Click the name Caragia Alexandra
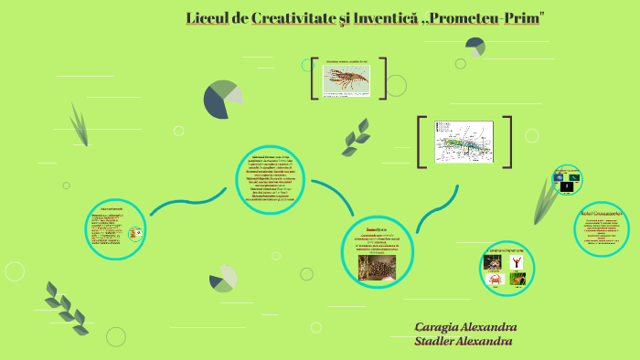pyautogui.click(x=465, y=327)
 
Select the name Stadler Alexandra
pyautogui.click(x=463, y=342)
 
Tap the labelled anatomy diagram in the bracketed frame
pyautogui.click(x=464, y=142)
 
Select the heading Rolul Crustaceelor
pyautogui.click(x=602, y=213)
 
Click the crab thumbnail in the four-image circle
pyautogui.click(x=494, y=280)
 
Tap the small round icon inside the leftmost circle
pyautogui.click(x=135, y=234)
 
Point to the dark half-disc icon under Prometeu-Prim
pyautogui.click(x=475, y=47)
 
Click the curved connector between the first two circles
pyautogui.click(x=187, y=203)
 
